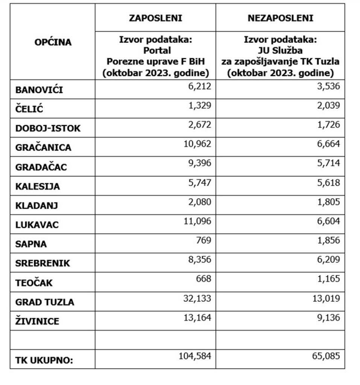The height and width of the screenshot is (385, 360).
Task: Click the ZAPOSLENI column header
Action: [x=155, y=18]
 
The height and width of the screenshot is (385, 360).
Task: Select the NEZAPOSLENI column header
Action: [x=280, y=18]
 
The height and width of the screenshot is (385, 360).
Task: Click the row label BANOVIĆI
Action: [x=39, y=90]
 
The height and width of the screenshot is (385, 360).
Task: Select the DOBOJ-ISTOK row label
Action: [x=48, y=129]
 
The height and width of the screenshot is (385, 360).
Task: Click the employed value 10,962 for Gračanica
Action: [x=197, y=144]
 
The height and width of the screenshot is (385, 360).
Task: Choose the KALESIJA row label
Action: [x=38, y=186]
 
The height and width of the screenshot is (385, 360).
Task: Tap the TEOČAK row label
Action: [x=34, y=283]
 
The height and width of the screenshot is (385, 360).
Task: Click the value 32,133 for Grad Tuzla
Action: [x=197, y=299]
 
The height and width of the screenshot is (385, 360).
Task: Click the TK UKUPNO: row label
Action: [x=44, y=360]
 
